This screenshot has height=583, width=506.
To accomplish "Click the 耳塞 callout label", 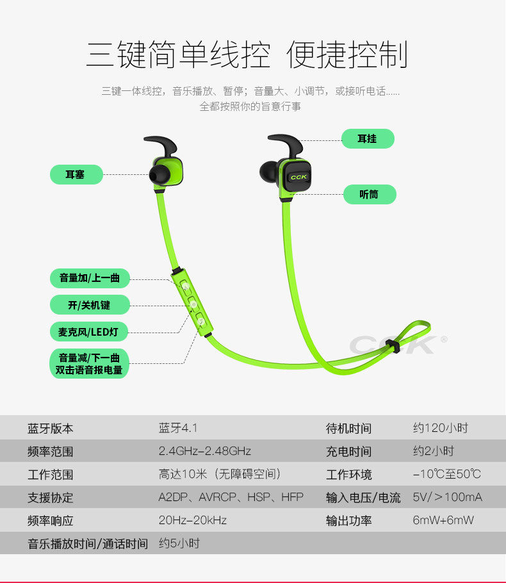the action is (76, 174).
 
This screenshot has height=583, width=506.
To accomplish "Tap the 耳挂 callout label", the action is (367, 139).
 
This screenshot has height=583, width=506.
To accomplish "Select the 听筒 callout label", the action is (369, 195).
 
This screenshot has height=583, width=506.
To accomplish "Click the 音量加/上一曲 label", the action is (90, 278).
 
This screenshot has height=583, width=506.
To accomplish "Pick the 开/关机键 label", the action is (90, 305).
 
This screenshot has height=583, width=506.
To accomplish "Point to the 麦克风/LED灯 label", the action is (89, 332).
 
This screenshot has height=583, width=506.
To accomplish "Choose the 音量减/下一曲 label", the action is (89, 358).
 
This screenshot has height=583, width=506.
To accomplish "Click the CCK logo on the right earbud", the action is (298, 177).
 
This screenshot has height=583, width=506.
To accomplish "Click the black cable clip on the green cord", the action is (391, 347).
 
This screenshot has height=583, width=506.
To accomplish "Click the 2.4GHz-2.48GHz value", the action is (204, 451).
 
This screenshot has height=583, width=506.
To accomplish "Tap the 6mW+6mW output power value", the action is (443, 520).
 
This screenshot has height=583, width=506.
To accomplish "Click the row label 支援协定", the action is (51, 497).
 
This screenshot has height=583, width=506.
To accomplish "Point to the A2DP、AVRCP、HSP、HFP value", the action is (231, 497).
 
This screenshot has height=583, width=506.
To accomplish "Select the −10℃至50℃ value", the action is (446, 474).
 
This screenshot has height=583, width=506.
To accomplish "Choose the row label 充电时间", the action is (348, 451).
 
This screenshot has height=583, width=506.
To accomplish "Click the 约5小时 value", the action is (179, 543).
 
